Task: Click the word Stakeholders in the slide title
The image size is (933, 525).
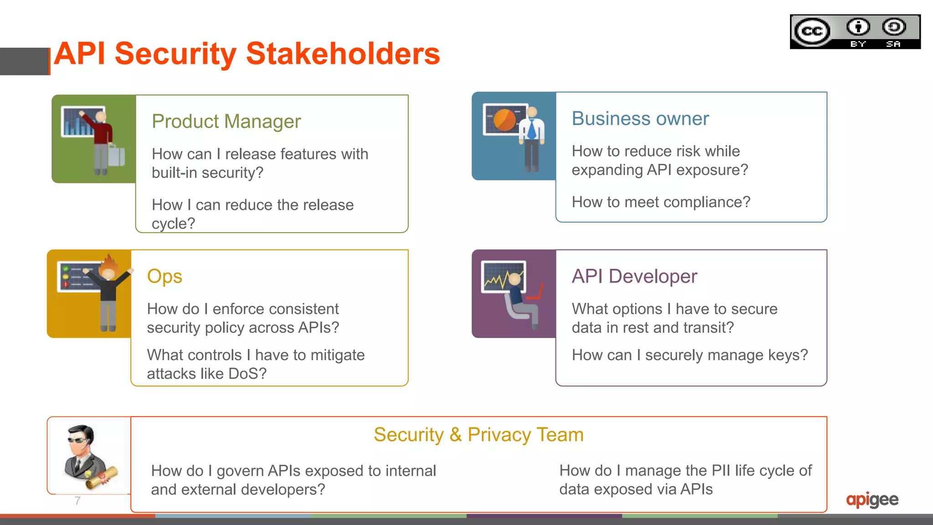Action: click(x=343, y=54)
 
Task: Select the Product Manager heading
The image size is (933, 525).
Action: click(x=226, y=122)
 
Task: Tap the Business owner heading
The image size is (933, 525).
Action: click(x=640, y=119)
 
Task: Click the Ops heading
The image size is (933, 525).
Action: click(x=164, y=276)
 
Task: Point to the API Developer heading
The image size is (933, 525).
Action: click(x=634, y=276)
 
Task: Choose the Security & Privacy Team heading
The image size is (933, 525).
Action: click(x=478, y=435)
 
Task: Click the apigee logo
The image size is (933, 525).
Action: click(x=872, y=500)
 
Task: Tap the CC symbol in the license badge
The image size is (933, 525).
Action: click(x=812, y=31)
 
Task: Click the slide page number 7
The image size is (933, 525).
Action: click(x=77, y=501)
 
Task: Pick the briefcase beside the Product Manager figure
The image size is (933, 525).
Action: click(x=117, y=156)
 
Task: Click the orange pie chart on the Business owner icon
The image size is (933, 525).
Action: click(x=504, y=120)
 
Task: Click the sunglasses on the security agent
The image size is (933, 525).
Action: click(x=77, y=439)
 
